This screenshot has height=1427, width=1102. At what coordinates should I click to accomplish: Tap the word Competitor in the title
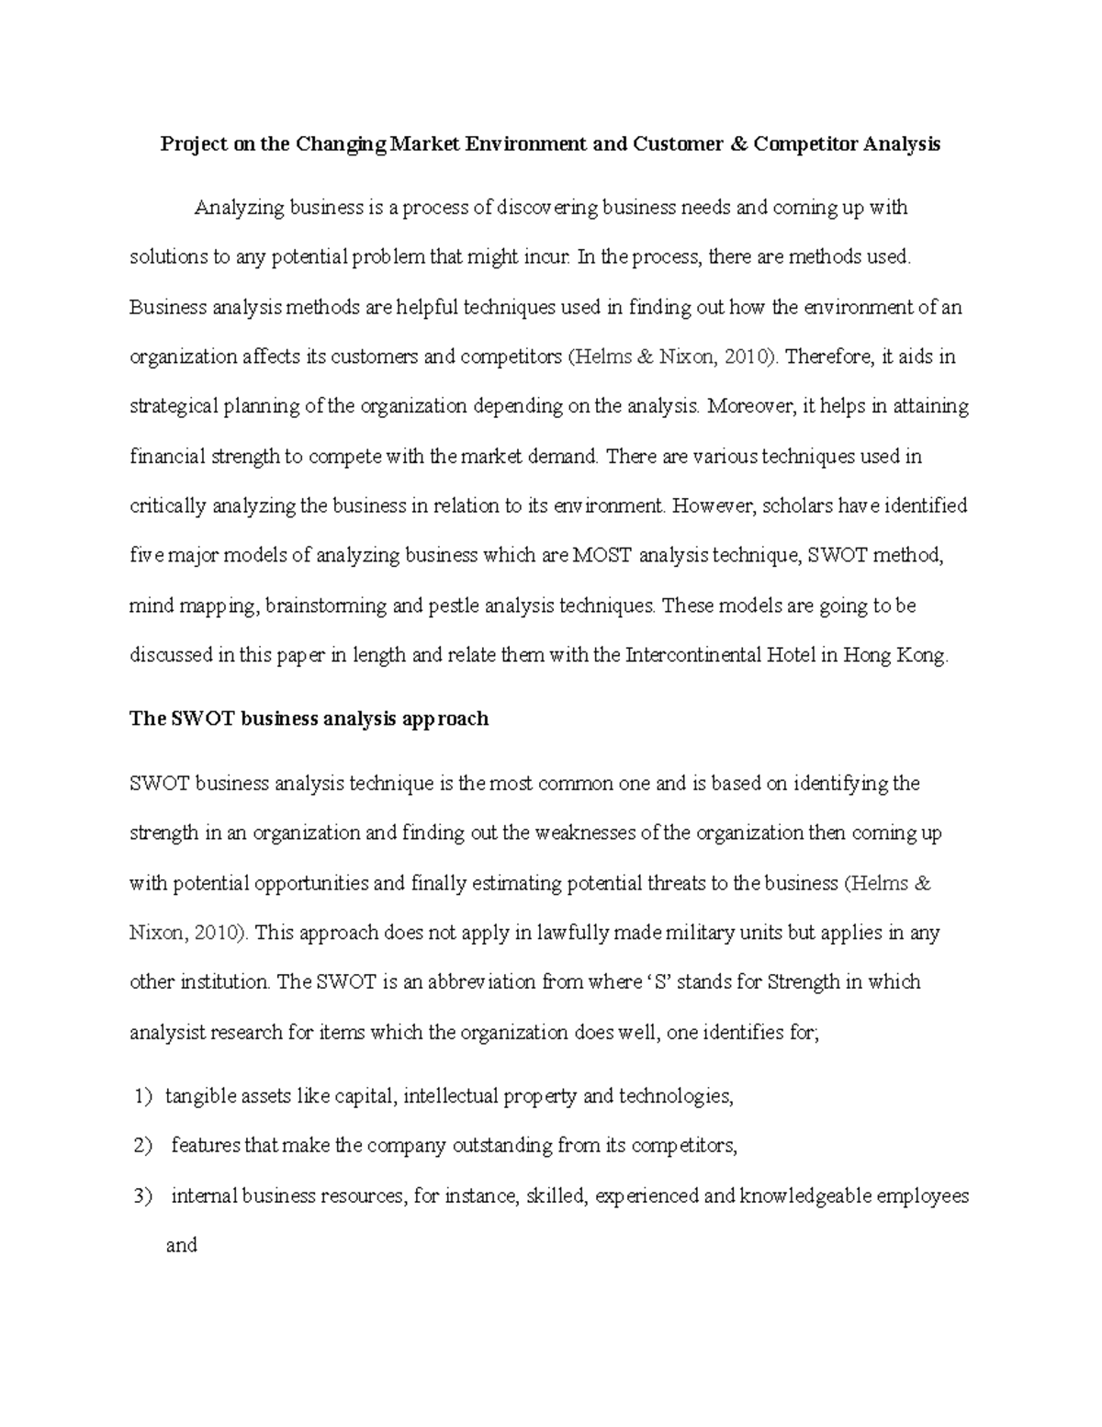click(x=804, y=144)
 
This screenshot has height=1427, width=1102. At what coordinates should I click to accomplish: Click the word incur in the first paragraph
click(x=547, y=257)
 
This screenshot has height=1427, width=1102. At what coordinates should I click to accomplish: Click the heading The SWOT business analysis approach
click(x=309, y=719)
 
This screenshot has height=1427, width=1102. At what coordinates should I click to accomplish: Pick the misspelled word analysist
click(x=168, y=1032)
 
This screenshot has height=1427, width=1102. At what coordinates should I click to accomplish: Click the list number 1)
click(x=141, y=1096)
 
